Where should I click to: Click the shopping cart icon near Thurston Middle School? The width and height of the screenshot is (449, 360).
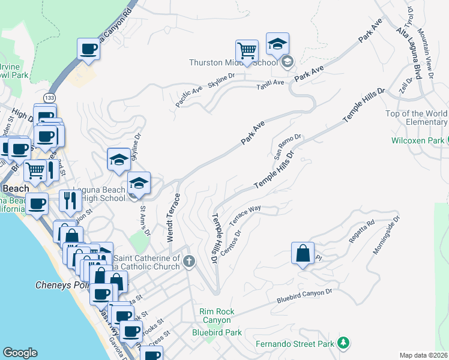(x=247, y=50)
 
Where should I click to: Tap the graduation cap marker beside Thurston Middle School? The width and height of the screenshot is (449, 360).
(x=277, y=44)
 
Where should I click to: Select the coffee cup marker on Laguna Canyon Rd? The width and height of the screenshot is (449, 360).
(x=88, y=49)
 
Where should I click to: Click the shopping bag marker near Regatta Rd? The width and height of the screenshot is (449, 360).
(x=303, y=253)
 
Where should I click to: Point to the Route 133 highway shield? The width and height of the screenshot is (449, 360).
(x=48, y=97)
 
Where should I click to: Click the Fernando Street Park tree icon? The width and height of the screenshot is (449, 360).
(x=343, y=343)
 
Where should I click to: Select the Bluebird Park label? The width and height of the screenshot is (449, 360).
(x=217, y=332)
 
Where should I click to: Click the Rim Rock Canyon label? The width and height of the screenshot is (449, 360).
(x=217, y=316)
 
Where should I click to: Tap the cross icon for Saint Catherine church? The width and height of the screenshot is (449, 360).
(x=189, y=260)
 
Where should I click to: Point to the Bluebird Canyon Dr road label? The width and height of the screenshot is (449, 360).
(x=304, y=296)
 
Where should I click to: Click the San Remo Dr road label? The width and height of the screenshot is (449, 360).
(x=288, y=146)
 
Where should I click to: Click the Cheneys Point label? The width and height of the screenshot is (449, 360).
(x=61, y=285)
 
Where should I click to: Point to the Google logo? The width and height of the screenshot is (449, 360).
(x=20, y=353)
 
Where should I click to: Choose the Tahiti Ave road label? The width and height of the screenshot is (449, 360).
(x=270, y=82)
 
